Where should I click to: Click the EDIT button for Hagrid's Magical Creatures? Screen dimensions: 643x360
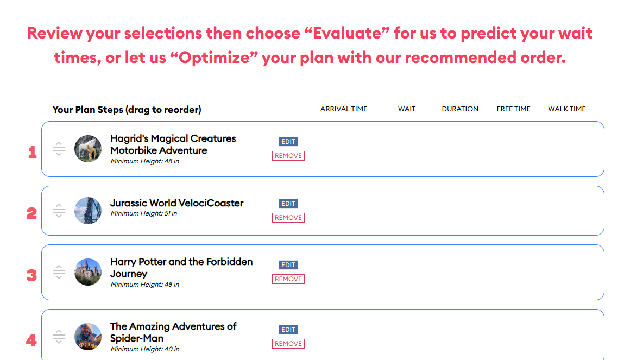coord(288,142)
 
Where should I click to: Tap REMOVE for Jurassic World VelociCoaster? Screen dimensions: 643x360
coord(288,218)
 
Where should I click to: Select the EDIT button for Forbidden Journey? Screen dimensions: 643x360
coord(288,265)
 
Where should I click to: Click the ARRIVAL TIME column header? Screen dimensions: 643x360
coord(344,109)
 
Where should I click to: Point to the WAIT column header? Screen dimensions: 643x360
coord(407,109)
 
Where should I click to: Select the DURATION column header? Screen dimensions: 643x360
coord(460,109)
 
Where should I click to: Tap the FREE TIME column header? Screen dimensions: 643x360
coord(513,109)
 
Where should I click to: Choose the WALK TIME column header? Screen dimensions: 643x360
coord(567,109)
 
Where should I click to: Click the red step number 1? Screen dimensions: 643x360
coord(33,153)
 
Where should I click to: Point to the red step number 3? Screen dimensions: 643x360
coord(31,275)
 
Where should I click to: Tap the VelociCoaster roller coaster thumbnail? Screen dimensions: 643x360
coord(88,211)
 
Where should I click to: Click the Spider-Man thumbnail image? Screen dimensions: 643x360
coord(88,337)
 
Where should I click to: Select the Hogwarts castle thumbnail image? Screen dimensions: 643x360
coord(88,272)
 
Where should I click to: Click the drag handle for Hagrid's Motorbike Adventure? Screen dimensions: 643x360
coord(59,149)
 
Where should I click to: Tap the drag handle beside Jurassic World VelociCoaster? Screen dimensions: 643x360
coord(59,211)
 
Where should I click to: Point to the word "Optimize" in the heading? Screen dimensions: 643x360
coord(213,58)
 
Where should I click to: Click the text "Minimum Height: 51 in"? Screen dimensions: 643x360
coord(144,213)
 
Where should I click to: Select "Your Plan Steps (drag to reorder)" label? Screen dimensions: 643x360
coord(127,110)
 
